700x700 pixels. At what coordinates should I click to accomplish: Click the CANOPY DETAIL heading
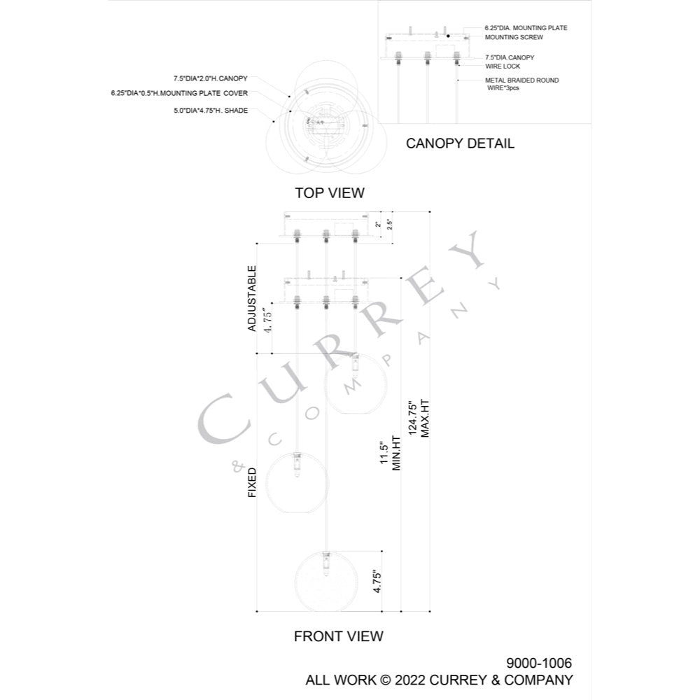[460, 143]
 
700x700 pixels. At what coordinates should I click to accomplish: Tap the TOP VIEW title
[330, 193]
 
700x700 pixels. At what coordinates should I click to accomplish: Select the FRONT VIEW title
[338, 636]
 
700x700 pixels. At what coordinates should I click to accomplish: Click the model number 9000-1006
[539, 663]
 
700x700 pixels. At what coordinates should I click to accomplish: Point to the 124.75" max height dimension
[419, 419]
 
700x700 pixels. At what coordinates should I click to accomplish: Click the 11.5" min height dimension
[390, 453]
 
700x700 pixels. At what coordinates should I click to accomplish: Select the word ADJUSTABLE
[252, 299]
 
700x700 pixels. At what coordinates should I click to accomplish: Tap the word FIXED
[252, 482]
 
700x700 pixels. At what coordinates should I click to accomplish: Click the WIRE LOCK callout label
[503, 66]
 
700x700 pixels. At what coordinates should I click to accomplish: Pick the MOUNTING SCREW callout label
[514, 38]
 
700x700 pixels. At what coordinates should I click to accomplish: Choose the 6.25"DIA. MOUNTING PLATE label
[526, 28]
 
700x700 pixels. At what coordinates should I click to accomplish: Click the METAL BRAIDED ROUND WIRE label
[522, 84]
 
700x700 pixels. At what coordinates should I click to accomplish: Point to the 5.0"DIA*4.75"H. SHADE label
[211, 111]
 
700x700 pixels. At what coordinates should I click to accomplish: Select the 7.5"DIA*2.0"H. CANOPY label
[210, 78]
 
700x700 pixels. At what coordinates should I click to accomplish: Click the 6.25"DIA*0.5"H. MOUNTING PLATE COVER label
[179, 93]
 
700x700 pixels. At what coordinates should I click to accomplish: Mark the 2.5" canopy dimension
[390, 224]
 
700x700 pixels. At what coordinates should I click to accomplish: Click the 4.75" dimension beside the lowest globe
[377, 581]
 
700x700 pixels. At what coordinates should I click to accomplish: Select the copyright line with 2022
[440, 680]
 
